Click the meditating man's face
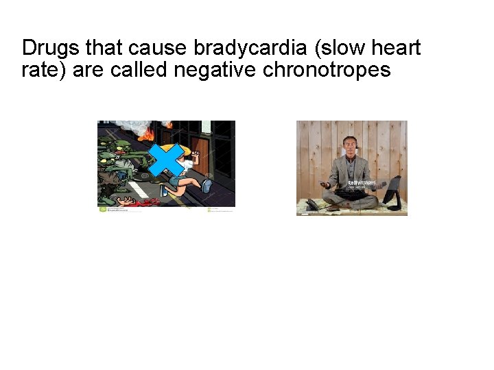(x=349, y=147)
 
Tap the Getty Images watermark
(x=362, y=184)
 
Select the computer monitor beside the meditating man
(x=393, y=190)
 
